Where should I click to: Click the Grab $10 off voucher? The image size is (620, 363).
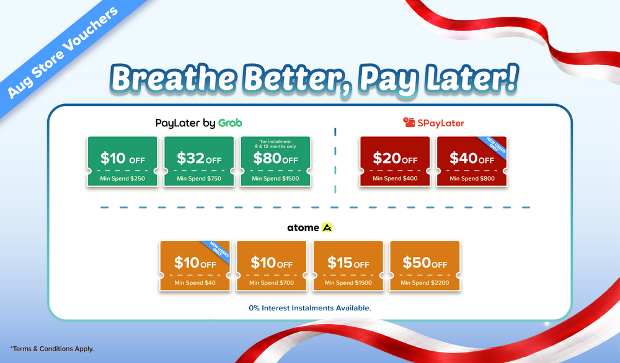(123, 161)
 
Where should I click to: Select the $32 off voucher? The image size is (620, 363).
(199, 161)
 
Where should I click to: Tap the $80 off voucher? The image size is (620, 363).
(276, 161)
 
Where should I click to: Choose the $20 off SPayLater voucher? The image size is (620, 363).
(395, 161)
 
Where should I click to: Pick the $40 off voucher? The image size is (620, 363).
(472, 161)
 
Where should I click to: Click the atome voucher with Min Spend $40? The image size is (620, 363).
(195, 266)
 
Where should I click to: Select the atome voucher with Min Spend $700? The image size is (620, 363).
(272, 266)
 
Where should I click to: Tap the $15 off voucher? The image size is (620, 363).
(348, 266)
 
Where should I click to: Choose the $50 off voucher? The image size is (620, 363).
(425, 266)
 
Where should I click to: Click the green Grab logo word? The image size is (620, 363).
(230, 123)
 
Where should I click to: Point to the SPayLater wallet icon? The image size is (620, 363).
(409, 122)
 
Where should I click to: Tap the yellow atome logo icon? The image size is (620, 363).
(327, 227)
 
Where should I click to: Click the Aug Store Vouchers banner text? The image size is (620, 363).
(63, 53)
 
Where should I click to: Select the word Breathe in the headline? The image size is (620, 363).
(173, 78)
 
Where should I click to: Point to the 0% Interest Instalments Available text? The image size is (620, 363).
(310, 308)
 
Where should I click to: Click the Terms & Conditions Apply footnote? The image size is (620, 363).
(52, 349)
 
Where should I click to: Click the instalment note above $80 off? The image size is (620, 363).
(276, 144)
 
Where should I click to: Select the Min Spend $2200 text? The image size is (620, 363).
(425, 283)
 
